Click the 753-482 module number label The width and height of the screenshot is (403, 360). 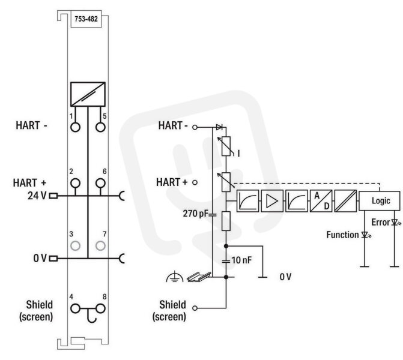point(86,19)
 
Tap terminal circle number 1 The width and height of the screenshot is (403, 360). point(75,127)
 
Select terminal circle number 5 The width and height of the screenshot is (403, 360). point(100,127)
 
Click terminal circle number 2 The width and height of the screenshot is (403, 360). point(75,184)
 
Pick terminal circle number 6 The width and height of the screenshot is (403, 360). point(100,184)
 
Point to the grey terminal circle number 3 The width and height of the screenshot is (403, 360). point(75,246)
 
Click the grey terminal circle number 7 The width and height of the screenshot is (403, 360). point(100,246)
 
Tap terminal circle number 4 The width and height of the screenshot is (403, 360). point(75,308)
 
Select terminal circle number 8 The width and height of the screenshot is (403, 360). point(100,308)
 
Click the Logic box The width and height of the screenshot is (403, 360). point(380,201)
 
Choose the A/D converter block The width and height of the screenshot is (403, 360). point(321,201)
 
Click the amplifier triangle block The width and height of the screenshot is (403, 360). point(272,201)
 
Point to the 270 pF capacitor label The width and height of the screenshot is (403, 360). point(195,214)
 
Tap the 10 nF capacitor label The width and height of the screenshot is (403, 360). point(241,260)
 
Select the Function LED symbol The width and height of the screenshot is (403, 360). point(366,235)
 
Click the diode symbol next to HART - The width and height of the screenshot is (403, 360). point(219,127)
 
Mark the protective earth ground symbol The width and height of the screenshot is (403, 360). point(175,276)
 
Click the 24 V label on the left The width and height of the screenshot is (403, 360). point(37,196)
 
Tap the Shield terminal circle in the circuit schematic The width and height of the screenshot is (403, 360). point(195,308)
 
